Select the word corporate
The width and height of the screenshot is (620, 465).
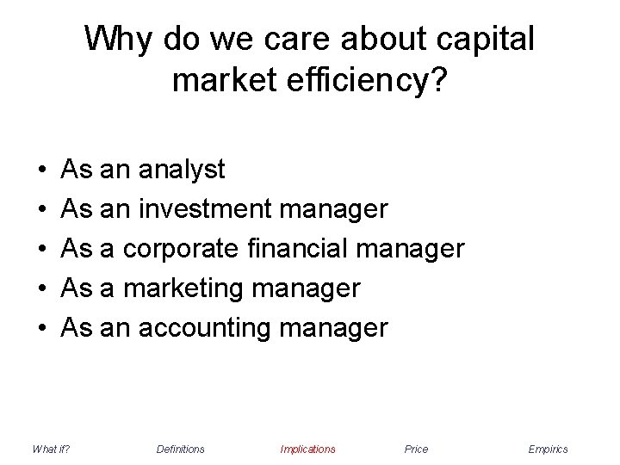[178, 250]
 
